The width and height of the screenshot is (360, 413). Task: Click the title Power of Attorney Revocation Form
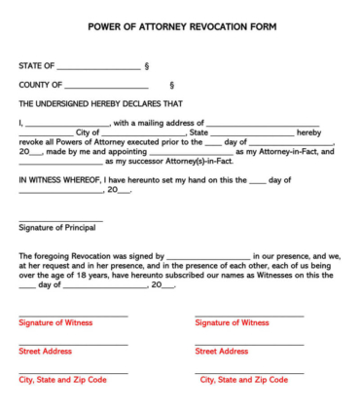click(180, 27)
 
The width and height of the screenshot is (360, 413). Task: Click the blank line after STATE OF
click(98, 68)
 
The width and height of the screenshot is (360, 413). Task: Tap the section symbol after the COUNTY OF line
click(172, 86)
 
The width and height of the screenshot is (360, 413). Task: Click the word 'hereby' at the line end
click(308, 132)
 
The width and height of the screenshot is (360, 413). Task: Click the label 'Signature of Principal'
click(57, 228)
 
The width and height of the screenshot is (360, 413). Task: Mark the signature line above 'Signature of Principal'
click(60, 220)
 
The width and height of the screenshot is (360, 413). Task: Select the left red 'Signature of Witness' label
click(55, 322)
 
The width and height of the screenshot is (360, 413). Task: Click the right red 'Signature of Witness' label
click(232, 322)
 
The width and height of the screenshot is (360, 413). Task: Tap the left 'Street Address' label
click(45, 351)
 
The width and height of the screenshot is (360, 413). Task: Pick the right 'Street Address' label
click(221, 351)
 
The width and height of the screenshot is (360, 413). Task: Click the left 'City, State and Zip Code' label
click(63, 380)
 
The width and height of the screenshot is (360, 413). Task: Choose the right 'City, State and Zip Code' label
click(243, 380)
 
